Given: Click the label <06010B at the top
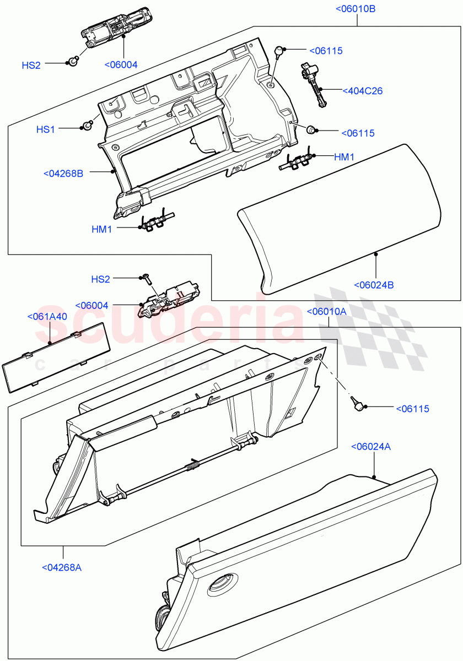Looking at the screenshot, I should (356, 9).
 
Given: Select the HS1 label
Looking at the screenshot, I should (46, 129).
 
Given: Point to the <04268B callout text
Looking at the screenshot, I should (63, 174).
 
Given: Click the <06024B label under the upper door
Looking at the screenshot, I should (374, 285).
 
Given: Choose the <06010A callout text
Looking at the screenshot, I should (326, 311).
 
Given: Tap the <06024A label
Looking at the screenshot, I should (371, 446).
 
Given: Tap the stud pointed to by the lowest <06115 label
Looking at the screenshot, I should (358, 406).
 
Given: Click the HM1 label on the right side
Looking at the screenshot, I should (344, 157).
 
